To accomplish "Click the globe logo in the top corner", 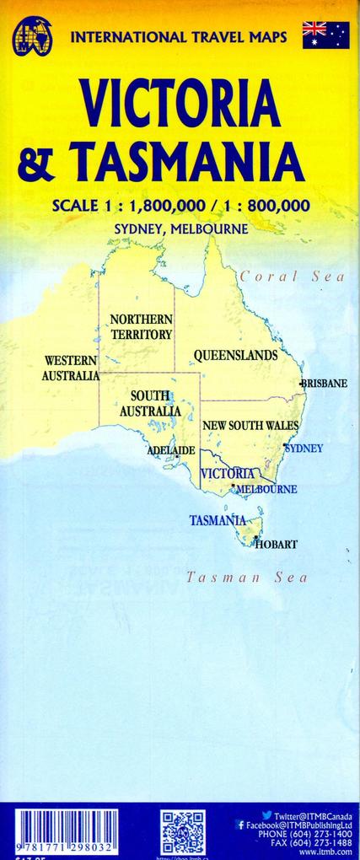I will click(31, 37).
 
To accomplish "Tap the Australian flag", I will click(325, 35).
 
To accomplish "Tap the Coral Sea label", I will click(280, 277).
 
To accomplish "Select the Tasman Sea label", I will click(246, 578).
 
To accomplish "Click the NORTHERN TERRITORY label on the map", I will click(141, 327).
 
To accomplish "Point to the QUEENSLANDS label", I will click(235, 356).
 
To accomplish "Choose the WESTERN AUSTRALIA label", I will click(71, 368).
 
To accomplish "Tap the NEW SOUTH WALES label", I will click(250, 426).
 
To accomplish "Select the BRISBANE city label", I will click(325, 384).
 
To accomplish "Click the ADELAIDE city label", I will click(171, 451).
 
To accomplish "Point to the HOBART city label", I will click(276, 545).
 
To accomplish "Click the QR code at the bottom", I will click(183, 830).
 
